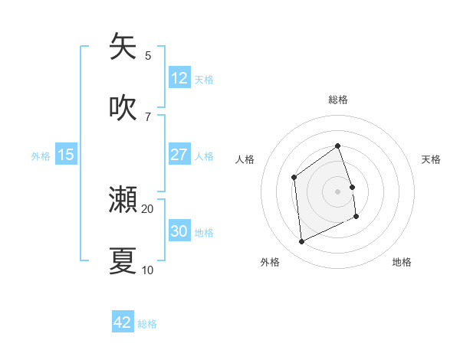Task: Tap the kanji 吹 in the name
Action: pyautogui.click(x=123, y=108)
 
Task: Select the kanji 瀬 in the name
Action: pyautogui.click(x=123, y=200)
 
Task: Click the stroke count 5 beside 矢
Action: pyautogui.click(x=148, y=55)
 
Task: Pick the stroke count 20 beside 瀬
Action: pyautogui.click(x=148, y=208)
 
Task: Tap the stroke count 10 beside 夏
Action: pyautogui.click(x=148, y=270)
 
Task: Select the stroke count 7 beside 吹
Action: pyautogui.click(x=148, y=116)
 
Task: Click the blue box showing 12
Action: pyautogui.click(x=179, y=78)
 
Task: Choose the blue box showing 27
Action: pyautogui.click(x=179, y=155)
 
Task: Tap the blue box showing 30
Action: pyautogui.click(x=179, y=231)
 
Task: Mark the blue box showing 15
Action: pyautogui.click(x=66, y=155)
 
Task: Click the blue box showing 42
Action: pyautogui.click(x=123, y=322)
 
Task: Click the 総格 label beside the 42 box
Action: pyautogui.click(x=147, y=324)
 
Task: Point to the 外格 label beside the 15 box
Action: pyautogui.click(x=41, y=156)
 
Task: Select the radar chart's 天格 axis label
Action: pyautogui.click(x=431, y=159)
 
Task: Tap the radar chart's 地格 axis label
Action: pyautogui.click(x=402, y=262)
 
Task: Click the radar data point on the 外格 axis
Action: pyautogui.click(x=301, y=242)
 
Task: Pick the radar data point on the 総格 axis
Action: pyautogui.click(x=337, y=146)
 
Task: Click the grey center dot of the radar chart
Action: pyautogui.click(x=337, y=191)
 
